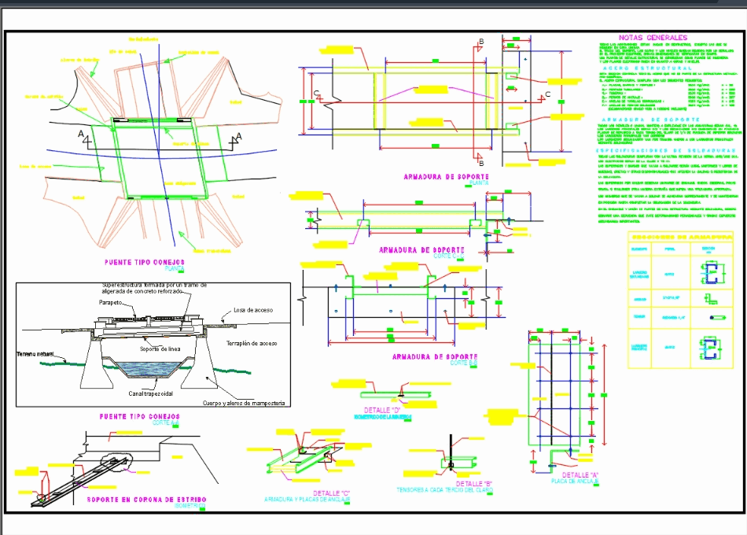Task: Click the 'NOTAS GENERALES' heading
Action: point(653,37)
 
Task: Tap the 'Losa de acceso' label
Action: point(253,310)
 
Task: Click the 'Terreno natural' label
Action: point(35,354)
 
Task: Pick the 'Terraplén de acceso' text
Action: point(252,344)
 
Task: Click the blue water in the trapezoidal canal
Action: point(154,370)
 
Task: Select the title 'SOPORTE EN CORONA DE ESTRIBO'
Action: point(139,499)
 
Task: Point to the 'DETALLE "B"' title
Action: point(474,482)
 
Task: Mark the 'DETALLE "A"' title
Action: point(583,474)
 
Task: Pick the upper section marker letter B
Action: point(481,42)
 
